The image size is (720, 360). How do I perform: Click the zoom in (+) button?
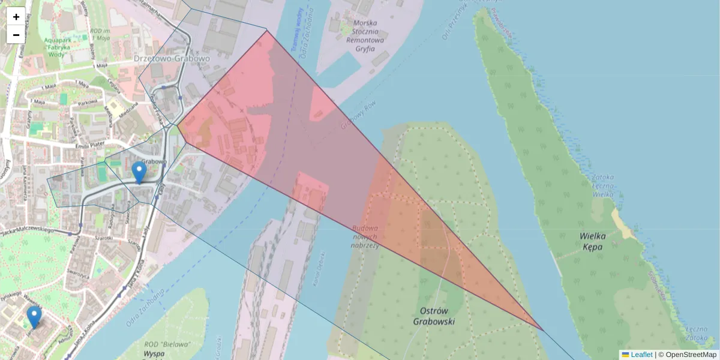coord(16,16)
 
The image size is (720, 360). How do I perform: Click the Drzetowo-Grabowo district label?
coord(172,59)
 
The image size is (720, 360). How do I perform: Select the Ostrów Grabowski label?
coord(434,316)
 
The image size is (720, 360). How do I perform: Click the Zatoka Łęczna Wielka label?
coord(603,185)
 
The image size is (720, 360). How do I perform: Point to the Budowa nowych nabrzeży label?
coord(365,237)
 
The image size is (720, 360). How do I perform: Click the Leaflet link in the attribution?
coord(641,355)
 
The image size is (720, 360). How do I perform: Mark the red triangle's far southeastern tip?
coord(544,331)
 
